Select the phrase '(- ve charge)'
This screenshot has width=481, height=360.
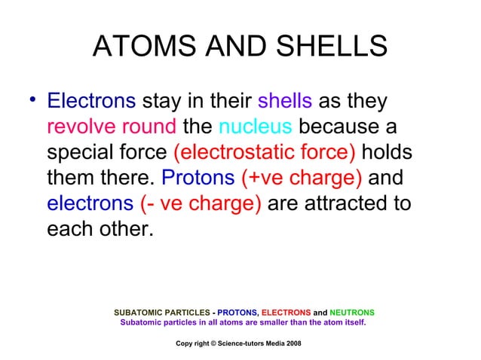pyautogui.click(x=201, y=203)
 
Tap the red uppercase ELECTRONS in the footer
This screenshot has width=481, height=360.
pyautogui.click(x=286, y=312)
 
